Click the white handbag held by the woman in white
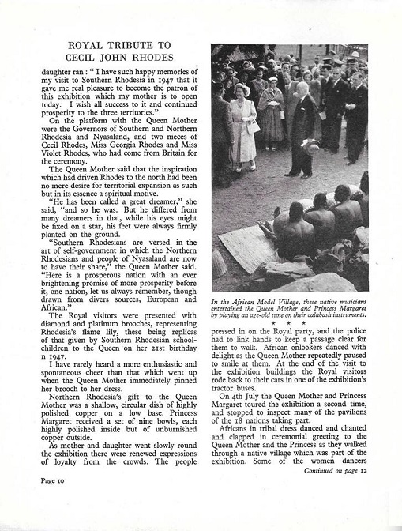pos(254,126)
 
